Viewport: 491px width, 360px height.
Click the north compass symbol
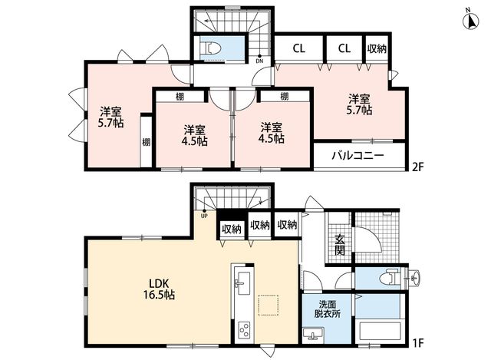(470, 21)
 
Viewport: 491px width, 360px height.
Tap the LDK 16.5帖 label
(159, 289)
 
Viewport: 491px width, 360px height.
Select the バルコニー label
(358, 156)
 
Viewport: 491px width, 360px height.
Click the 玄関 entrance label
(340, 245)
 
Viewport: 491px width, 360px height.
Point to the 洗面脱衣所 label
(328, 309)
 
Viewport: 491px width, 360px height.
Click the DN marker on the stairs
(259, 61)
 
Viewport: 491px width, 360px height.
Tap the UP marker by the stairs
(204, 216)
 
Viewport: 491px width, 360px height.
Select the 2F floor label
(417, 167)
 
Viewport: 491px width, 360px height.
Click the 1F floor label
(417, 342)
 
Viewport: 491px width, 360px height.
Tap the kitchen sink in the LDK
(242, 283)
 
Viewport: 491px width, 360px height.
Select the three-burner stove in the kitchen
(243, 330)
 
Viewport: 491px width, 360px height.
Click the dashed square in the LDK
(268, 306)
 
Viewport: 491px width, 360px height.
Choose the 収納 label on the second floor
(377, 48)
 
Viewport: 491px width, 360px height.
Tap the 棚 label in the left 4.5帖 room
(180, 97)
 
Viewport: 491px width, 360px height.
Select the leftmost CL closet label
(298, 48)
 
